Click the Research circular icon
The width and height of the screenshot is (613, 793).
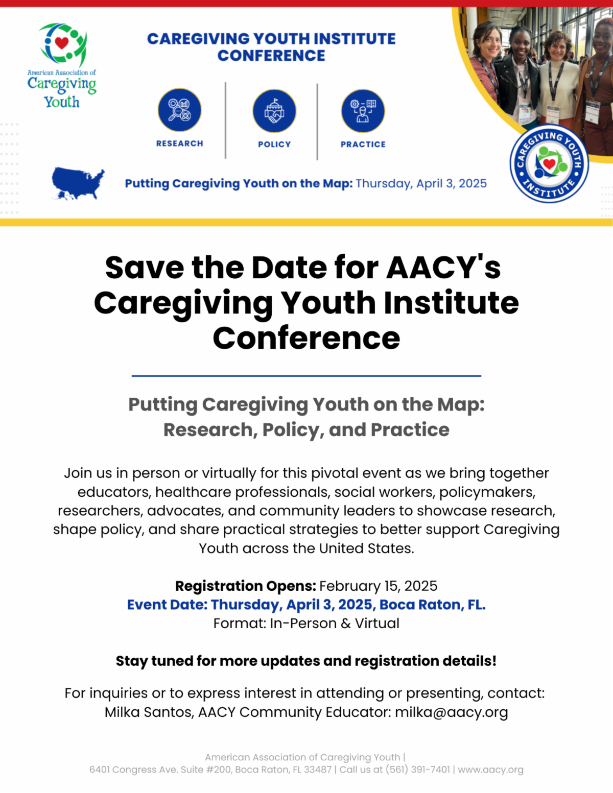(179, 110)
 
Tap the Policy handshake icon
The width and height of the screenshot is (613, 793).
(274, 111)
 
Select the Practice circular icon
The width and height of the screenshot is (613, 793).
(363, 111)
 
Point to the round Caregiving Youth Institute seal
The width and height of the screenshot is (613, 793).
(549, 163)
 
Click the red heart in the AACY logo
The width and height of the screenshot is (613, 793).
(61, 43)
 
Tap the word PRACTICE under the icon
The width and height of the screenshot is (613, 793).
(363, 145)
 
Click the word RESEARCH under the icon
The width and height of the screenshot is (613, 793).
(180, 144)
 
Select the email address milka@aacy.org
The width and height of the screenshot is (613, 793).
(451, 712)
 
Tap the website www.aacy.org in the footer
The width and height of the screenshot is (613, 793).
(490, 770)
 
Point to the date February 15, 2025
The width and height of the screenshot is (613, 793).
(378, 586)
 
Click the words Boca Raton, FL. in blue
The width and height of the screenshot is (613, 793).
(433, 605)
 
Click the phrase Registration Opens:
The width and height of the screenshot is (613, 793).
(245, 586)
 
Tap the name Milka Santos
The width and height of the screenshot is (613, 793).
(149, 712)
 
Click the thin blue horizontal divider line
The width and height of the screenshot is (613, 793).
(306, 375)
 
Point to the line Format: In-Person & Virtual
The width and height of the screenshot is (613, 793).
(306, 623)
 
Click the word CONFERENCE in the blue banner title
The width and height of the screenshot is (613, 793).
(271, 56)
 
